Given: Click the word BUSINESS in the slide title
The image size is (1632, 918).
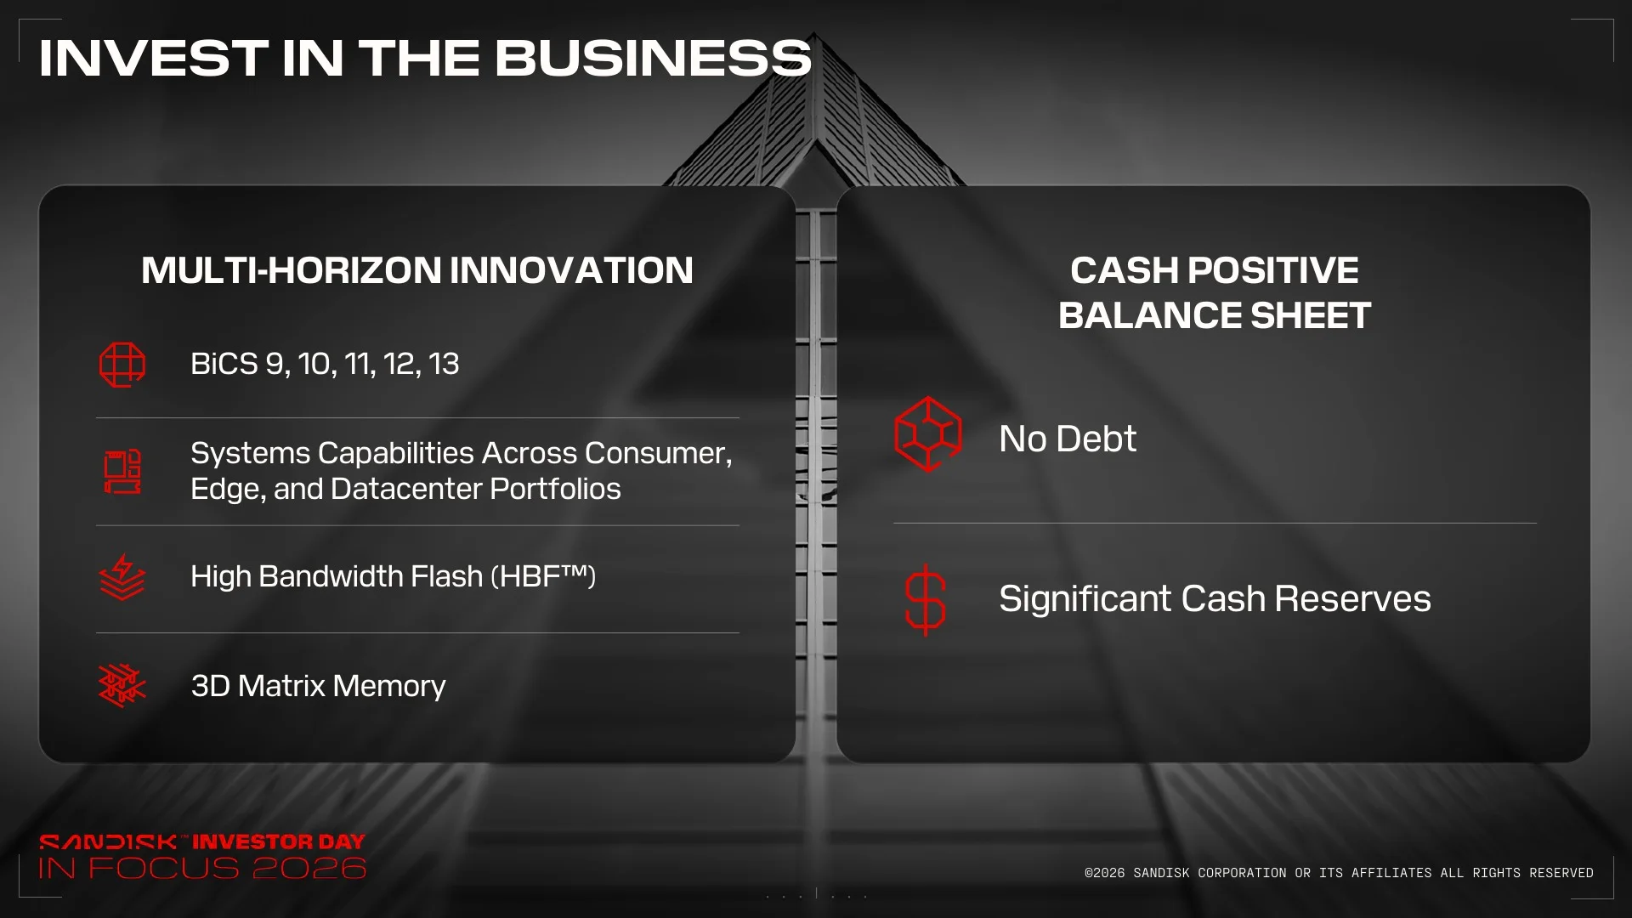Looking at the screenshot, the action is [653, 58].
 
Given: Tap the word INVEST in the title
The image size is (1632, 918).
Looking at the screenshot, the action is [154, 58].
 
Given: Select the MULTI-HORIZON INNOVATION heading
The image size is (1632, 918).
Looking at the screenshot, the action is [417, 270].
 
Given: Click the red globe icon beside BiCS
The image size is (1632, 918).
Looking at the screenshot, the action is [122, 365].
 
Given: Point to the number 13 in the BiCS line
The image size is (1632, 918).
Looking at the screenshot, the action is [444, 364].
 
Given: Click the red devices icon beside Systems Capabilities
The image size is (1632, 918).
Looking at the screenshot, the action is [122, 472].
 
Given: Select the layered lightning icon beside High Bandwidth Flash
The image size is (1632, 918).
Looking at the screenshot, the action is [122, 577].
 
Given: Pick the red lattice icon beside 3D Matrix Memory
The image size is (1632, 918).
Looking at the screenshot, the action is [122, 685].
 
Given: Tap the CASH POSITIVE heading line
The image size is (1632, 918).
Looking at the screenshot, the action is [1215, 270].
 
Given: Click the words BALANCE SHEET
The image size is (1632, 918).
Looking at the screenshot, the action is [1215, 315].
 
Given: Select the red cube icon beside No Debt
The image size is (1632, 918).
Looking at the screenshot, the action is [928, 434].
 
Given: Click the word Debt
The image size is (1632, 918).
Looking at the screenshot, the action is [1096, 439].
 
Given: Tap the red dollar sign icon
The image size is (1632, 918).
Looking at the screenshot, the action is [926, 600].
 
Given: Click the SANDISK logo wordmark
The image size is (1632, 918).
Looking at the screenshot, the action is [108, 842].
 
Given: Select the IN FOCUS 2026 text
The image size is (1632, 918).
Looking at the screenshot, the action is [202, 869].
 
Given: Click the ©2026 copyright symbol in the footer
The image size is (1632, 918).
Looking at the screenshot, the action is [1089, 873].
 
